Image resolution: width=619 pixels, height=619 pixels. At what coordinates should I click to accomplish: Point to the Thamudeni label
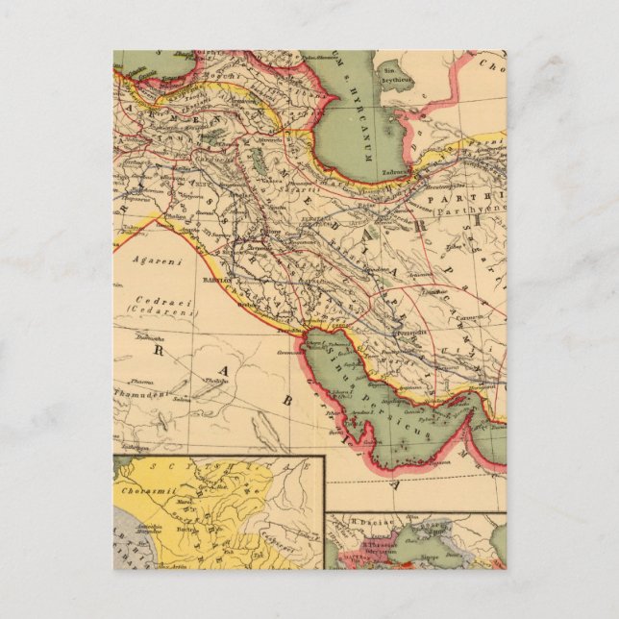(x=139, y=393)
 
